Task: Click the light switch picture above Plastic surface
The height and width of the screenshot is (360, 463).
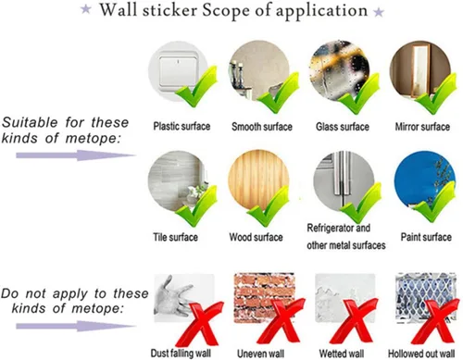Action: point(179,71)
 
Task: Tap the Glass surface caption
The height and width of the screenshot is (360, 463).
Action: point(343,127)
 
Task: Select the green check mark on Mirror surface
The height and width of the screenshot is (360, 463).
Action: point(437,93)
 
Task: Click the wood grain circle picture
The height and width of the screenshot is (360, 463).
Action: point(258,180)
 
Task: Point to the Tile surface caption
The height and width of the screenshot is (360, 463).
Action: point(175,237)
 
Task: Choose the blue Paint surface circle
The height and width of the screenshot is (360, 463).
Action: point(425,181)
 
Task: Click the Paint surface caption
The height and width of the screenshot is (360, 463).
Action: point(426,237)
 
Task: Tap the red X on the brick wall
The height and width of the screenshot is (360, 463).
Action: point(281,321)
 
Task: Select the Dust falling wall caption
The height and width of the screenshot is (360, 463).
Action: point(181,353)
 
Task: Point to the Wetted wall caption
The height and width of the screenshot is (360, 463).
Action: point(342,354)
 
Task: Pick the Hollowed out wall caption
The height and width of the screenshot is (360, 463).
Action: point(421,354)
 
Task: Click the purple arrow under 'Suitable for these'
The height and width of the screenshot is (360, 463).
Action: point(76,155)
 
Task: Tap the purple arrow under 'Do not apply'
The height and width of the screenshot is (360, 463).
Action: point(76,326)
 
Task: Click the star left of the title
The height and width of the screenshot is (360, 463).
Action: point(86,9)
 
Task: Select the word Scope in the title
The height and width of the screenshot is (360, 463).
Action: point(226,10)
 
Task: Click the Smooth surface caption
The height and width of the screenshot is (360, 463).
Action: point(262,127)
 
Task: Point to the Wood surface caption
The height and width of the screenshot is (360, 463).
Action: point(256,237)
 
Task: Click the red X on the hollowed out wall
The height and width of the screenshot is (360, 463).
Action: point(436,321)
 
